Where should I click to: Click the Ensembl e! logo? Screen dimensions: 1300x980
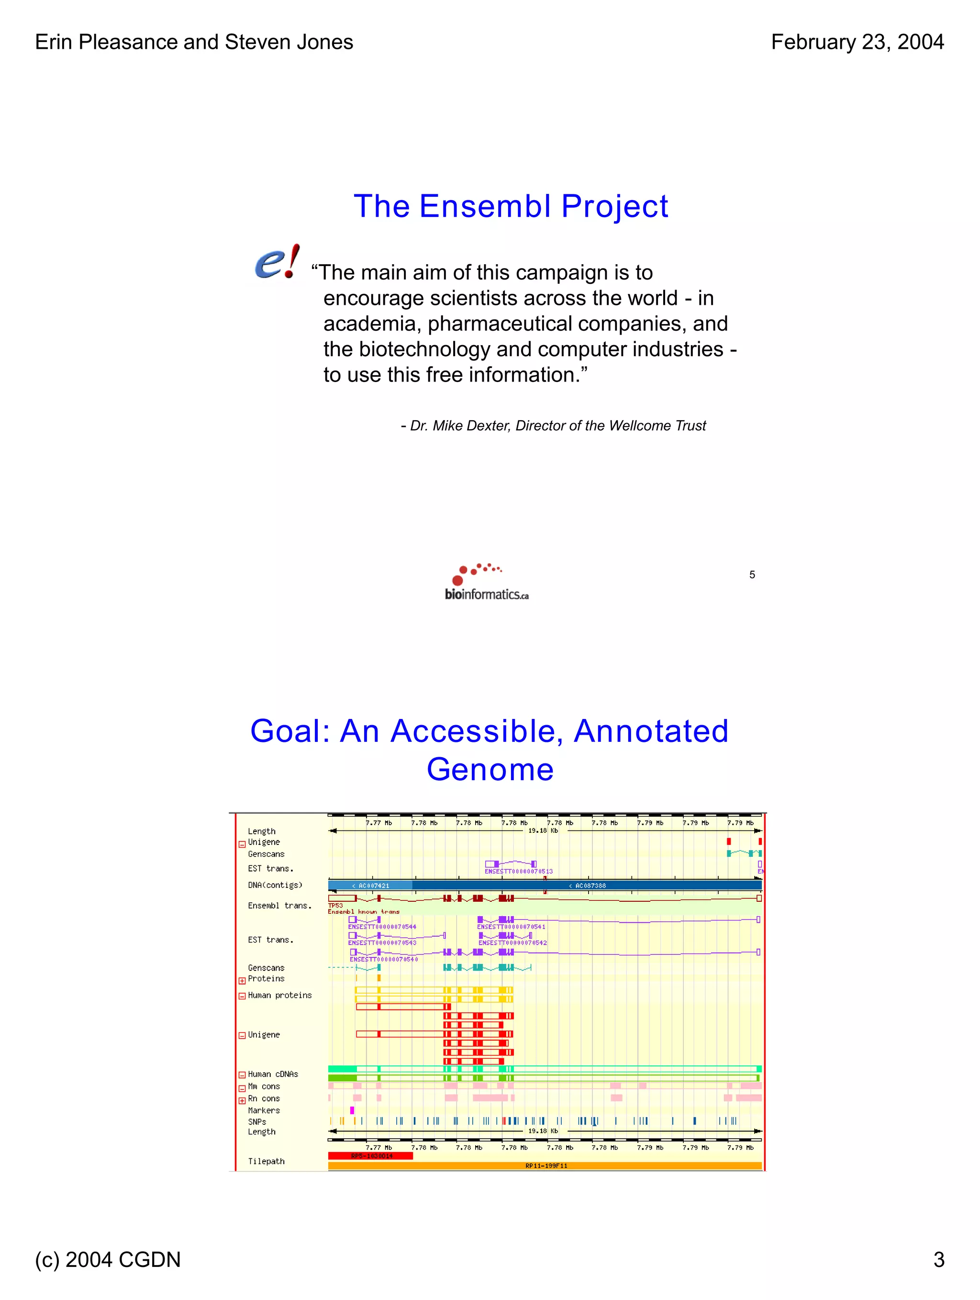click(277, 262)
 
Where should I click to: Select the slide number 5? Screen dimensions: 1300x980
click(751, 575)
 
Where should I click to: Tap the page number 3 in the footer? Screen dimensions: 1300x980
click(938, 1259)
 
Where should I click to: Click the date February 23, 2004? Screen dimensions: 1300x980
click(857, 42)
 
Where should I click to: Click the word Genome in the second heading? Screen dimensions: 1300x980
click(490, 769)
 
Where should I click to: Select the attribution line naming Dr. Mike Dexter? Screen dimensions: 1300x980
click(553, 426)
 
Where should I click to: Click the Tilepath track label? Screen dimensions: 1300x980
click(266, 1161)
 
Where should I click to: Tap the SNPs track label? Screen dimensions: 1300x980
click(257, 1121)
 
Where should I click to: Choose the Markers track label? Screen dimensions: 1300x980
click(264, 1110)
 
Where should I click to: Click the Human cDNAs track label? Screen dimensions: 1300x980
click(273, 1074)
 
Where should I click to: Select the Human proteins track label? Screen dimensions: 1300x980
click(279, 995)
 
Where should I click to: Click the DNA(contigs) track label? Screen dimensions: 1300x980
click(275, 885)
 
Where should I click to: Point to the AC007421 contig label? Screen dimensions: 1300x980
click(371, 885)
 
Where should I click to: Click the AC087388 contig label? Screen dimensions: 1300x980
click(588, 885)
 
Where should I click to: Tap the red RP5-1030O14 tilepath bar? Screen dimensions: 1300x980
click(370, 1155)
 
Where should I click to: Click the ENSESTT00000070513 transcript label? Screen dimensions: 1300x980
click(518, 872)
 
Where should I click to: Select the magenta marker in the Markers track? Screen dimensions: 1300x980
click(352, 1110)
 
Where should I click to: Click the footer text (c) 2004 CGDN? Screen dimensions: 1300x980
click(108, 1259)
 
